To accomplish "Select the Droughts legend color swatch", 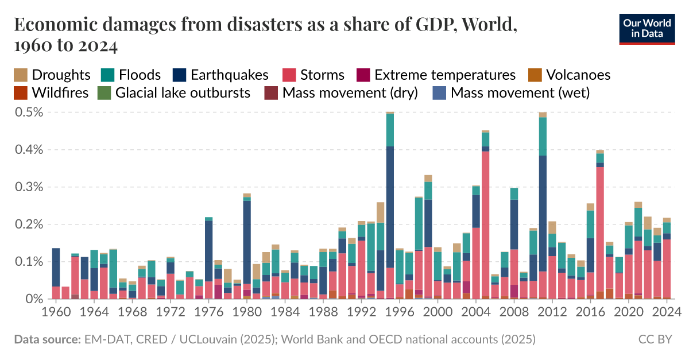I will [21, 75].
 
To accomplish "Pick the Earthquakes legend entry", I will [221, 75].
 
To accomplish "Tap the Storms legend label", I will [322, 75].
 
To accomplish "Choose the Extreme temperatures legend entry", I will [436, 75].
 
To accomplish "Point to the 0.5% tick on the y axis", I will [28, 113].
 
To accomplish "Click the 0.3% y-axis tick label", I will [28, 187].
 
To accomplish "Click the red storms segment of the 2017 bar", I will [600, 230].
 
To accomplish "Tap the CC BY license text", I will [655, 339].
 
